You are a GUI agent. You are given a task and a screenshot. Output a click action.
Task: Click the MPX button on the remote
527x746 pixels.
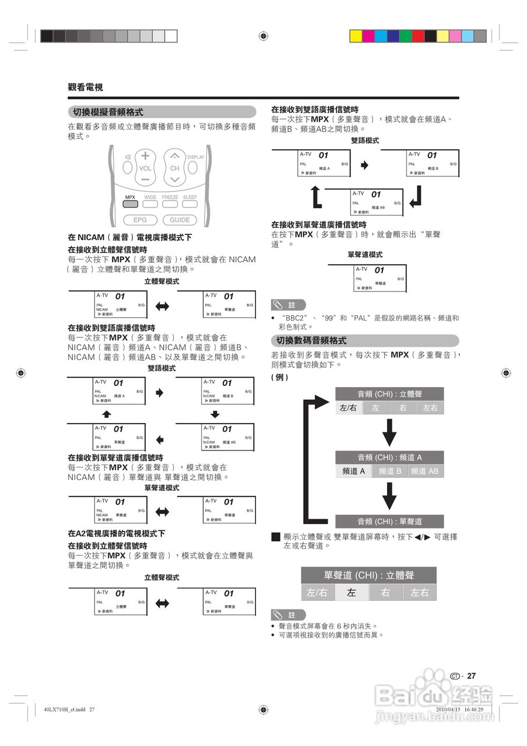tap(130, 204)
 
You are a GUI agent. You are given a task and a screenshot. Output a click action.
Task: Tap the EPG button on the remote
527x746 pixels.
tap(140, 220)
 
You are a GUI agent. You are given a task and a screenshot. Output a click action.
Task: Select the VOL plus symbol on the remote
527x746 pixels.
tap(145, 156)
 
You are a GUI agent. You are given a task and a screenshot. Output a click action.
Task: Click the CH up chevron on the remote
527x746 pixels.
tap(174, 156)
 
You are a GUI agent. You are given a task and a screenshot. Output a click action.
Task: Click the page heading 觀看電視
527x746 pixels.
tap(85, 87)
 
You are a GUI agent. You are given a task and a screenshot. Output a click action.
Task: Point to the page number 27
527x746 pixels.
tap(472, 676)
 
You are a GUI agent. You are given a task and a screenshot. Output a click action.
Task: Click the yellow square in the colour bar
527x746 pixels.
tap(356, 36)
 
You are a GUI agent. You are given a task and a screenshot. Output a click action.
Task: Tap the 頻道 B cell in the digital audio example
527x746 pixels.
tap(389, 471)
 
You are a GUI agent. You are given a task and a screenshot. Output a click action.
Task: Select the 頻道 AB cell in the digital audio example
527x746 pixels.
tap(424, 471)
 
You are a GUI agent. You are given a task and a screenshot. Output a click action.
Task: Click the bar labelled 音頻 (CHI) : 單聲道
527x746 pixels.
tap(389, 522)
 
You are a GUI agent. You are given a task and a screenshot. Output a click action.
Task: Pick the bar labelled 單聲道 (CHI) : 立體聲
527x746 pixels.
tap(368, 575)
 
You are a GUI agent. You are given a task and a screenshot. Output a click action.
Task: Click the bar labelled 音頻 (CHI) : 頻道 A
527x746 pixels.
tap(389, 458)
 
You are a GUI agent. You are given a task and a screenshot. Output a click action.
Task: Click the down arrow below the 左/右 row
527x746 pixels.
tap(389, 432)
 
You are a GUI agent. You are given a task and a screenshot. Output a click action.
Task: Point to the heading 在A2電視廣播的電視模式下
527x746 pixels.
tap(117, 533)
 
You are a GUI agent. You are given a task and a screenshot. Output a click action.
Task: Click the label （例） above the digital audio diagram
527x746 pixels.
tap(280, 377)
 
